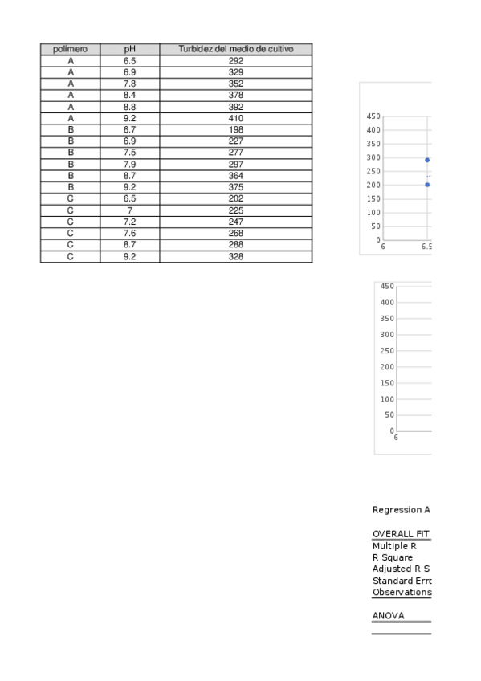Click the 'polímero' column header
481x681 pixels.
(x=70, y=49)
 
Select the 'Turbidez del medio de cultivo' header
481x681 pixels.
(x=235, y=49)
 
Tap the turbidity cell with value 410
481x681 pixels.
(x=235, y=118)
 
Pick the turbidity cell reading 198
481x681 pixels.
(x=235, y=129)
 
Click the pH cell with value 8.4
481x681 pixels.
(x=129, y=95)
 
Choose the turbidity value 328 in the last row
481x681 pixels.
(x=235, y=257)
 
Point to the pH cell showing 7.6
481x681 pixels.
(x=129, y=234)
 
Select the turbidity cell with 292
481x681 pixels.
(x=235, y=61)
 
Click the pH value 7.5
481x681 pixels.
(x=129, y=153)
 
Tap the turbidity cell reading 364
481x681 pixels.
(x=235, y=176)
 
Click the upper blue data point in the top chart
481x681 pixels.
(x=427, y=160)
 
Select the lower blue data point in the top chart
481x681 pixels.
(x=427, y=185)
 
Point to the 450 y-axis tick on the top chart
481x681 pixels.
(x=373, y=116)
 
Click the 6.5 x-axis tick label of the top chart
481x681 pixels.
(x=426, y=247)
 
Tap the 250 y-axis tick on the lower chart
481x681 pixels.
(x=387, y=351)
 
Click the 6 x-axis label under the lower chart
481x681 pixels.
(x=396, y=438)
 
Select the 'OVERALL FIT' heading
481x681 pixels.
(x=401, y=534)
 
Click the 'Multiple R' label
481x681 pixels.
(x=394, y=546)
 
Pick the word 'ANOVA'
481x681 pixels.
(x=389, y=616)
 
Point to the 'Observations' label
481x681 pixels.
(x=402, y=593)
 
